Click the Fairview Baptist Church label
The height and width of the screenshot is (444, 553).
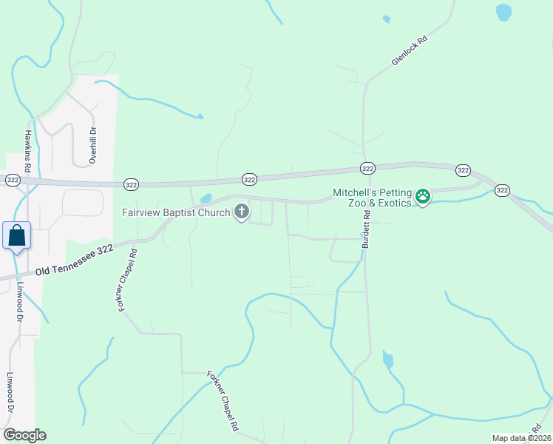tap(176, 213)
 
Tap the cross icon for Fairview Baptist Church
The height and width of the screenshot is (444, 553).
tap(241, 213)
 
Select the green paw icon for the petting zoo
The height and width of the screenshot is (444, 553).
tap(423, 197)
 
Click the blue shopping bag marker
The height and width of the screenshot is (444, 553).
tap(16, 236)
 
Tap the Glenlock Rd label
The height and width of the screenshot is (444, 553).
tap(410, 52)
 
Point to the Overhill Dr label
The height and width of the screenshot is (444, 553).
tap(93, 145)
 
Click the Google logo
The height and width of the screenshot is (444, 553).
tap(24, 435)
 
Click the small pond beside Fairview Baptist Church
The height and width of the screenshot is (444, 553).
tap(206, 198)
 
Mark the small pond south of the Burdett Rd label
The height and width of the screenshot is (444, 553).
tap(387, 360)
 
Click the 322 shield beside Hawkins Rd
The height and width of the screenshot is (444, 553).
tap(12, 180)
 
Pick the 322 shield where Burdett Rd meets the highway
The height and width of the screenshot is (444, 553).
tap(367, 168)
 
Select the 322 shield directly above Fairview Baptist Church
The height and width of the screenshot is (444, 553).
tap(249, 179)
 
